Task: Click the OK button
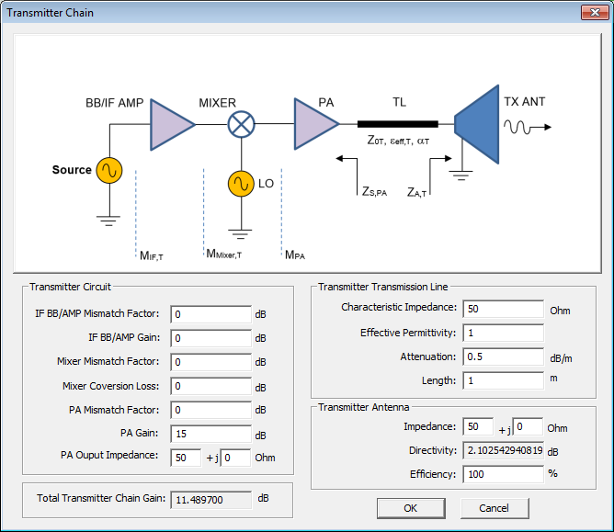[x=410, y=508]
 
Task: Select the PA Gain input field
[x=210, y=434]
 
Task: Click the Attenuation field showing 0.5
[x=503, y=357]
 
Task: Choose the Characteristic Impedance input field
[x=503, y=309]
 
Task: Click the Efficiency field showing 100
[x=503, y=474]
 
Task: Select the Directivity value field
[x=503, y=451]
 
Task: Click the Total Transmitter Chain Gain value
[x=210, y=499]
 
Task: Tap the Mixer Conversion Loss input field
[x=210, y=386]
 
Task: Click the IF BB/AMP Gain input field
[x=210, y=338]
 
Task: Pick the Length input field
[x=503, y=380]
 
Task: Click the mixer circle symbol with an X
[x=241, y=124]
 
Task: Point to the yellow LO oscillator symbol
[x=241, y=184]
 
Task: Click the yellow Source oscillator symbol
[x=109, y=170]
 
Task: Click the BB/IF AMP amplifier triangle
[x=171, y=124]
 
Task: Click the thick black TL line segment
[x=397, y=124]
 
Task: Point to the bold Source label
[x=72, y=170]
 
